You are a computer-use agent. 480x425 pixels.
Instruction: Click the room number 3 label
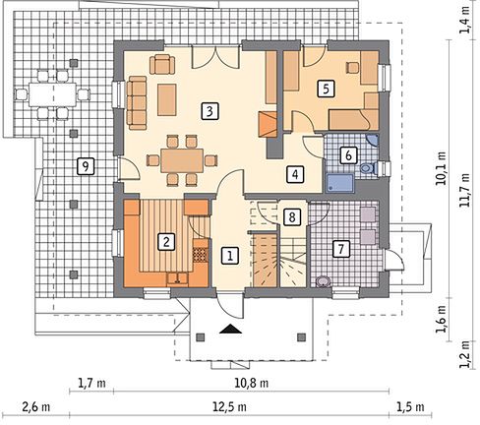[x=210, y=111]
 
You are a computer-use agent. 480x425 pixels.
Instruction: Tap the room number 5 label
[x=326, y=89]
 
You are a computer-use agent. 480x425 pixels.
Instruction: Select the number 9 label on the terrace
[x=86, y=166]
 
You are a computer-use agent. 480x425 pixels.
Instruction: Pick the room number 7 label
[x=341, y=249]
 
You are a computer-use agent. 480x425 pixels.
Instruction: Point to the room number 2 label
[x=166, y=242]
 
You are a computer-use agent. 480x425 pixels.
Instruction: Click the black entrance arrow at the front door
[x=231, y=329]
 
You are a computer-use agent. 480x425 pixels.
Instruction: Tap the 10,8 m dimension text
[x=252, y=383]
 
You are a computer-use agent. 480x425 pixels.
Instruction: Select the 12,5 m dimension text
[x=229, y=407]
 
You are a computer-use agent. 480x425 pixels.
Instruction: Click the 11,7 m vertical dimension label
[x=464, y=191]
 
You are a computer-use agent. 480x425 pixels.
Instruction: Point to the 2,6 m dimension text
[x=36, y=407]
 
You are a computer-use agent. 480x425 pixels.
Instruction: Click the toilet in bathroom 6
[x=368, y=168]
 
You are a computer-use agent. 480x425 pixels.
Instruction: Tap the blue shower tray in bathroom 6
[x=339, y=183]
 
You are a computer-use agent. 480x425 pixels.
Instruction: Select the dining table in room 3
[x=182, y=160]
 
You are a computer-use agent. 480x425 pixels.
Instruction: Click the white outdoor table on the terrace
[x=52, y=94]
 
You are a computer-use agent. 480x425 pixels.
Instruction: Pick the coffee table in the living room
[x=167, y=99]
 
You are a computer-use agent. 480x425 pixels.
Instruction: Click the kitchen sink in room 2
[x=177, y=278]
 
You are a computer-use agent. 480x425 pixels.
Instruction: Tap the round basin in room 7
[x=323, y=281]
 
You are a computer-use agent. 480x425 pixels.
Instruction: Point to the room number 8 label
[x=292, y=216]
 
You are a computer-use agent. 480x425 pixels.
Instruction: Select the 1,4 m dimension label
[x=465, y=20]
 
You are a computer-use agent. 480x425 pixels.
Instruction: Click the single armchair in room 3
[x=162, y=64]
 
